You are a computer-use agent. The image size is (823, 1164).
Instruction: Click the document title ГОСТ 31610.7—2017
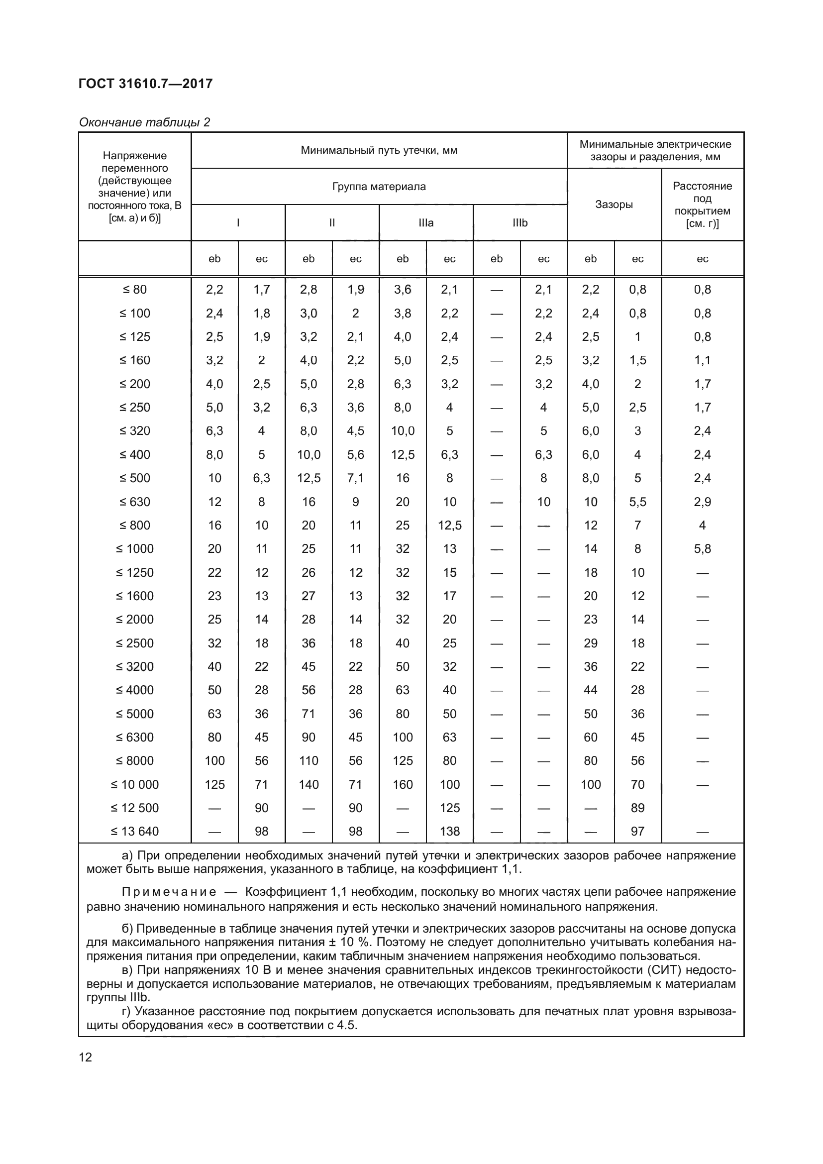click(145, 84)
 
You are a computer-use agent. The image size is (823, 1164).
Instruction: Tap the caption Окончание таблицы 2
click(144, 122)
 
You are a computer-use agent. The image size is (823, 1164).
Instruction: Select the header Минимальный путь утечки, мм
click(379, 150)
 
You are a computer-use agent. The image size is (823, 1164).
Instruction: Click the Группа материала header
click(379, 187)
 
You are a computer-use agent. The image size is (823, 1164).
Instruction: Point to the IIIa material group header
click(426, 223)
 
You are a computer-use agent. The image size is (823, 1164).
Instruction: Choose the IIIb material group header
click(520, 223)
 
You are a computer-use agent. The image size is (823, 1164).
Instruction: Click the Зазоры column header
click(614, 205)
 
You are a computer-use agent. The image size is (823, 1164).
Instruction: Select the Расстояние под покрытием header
click(702, 205)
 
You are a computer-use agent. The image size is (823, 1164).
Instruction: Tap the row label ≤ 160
click(135, 360)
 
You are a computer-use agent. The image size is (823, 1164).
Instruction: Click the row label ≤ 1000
click(135, 549)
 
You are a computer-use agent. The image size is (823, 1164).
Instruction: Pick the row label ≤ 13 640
click(135, 832)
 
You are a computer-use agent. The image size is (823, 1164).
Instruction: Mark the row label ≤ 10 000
click(135, 785)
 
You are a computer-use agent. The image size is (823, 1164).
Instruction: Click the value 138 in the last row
click(449, 832)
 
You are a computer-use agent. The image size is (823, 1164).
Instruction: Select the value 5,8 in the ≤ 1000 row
click(703, 549)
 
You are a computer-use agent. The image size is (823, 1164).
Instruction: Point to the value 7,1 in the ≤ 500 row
click(355, 478)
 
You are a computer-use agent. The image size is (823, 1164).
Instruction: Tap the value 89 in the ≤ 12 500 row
click(637, 808)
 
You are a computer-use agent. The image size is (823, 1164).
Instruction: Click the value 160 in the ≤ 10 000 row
click(403, 785)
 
